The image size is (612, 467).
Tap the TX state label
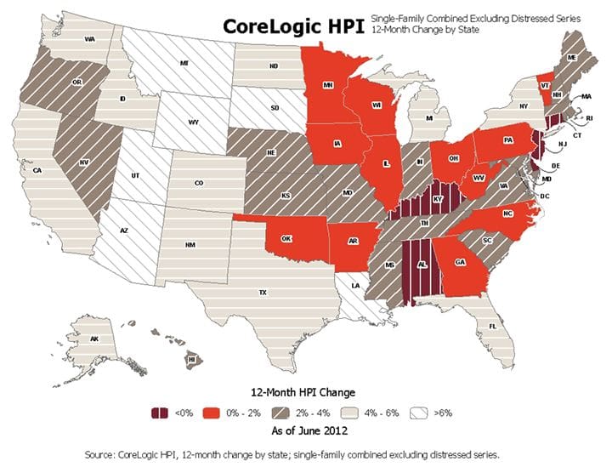click(x=263, y=292)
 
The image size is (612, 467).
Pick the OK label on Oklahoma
click(x=287, y=238)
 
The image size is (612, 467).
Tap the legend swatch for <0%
click(x=158, y=413)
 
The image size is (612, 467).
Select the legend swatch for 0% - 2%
click(x=211, y=413)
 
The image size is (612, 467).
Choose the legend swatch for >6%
click(x=424, y=413)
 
